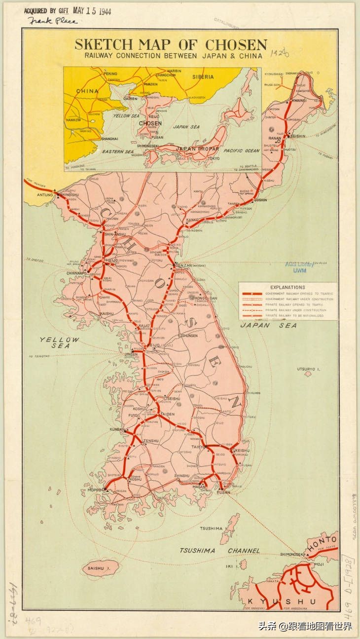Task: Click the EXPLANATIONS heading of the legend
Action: [288, 287]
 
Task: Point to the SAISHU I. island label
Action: [99, 568]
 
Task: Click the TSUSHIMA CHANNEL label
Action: [219, 550]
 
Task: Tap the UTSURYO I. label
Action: [309, 369]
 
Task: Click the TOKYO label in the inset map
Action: [214, 158]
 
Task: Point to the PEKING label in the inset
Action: [111, 74]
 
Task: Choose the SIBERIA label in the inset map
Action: [203, 77]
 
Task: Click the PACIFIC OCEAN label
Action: [241, 150]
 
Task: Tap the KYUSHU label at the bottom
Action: [282, 601]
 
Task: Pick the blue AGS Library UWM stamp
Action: [299, 267]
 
